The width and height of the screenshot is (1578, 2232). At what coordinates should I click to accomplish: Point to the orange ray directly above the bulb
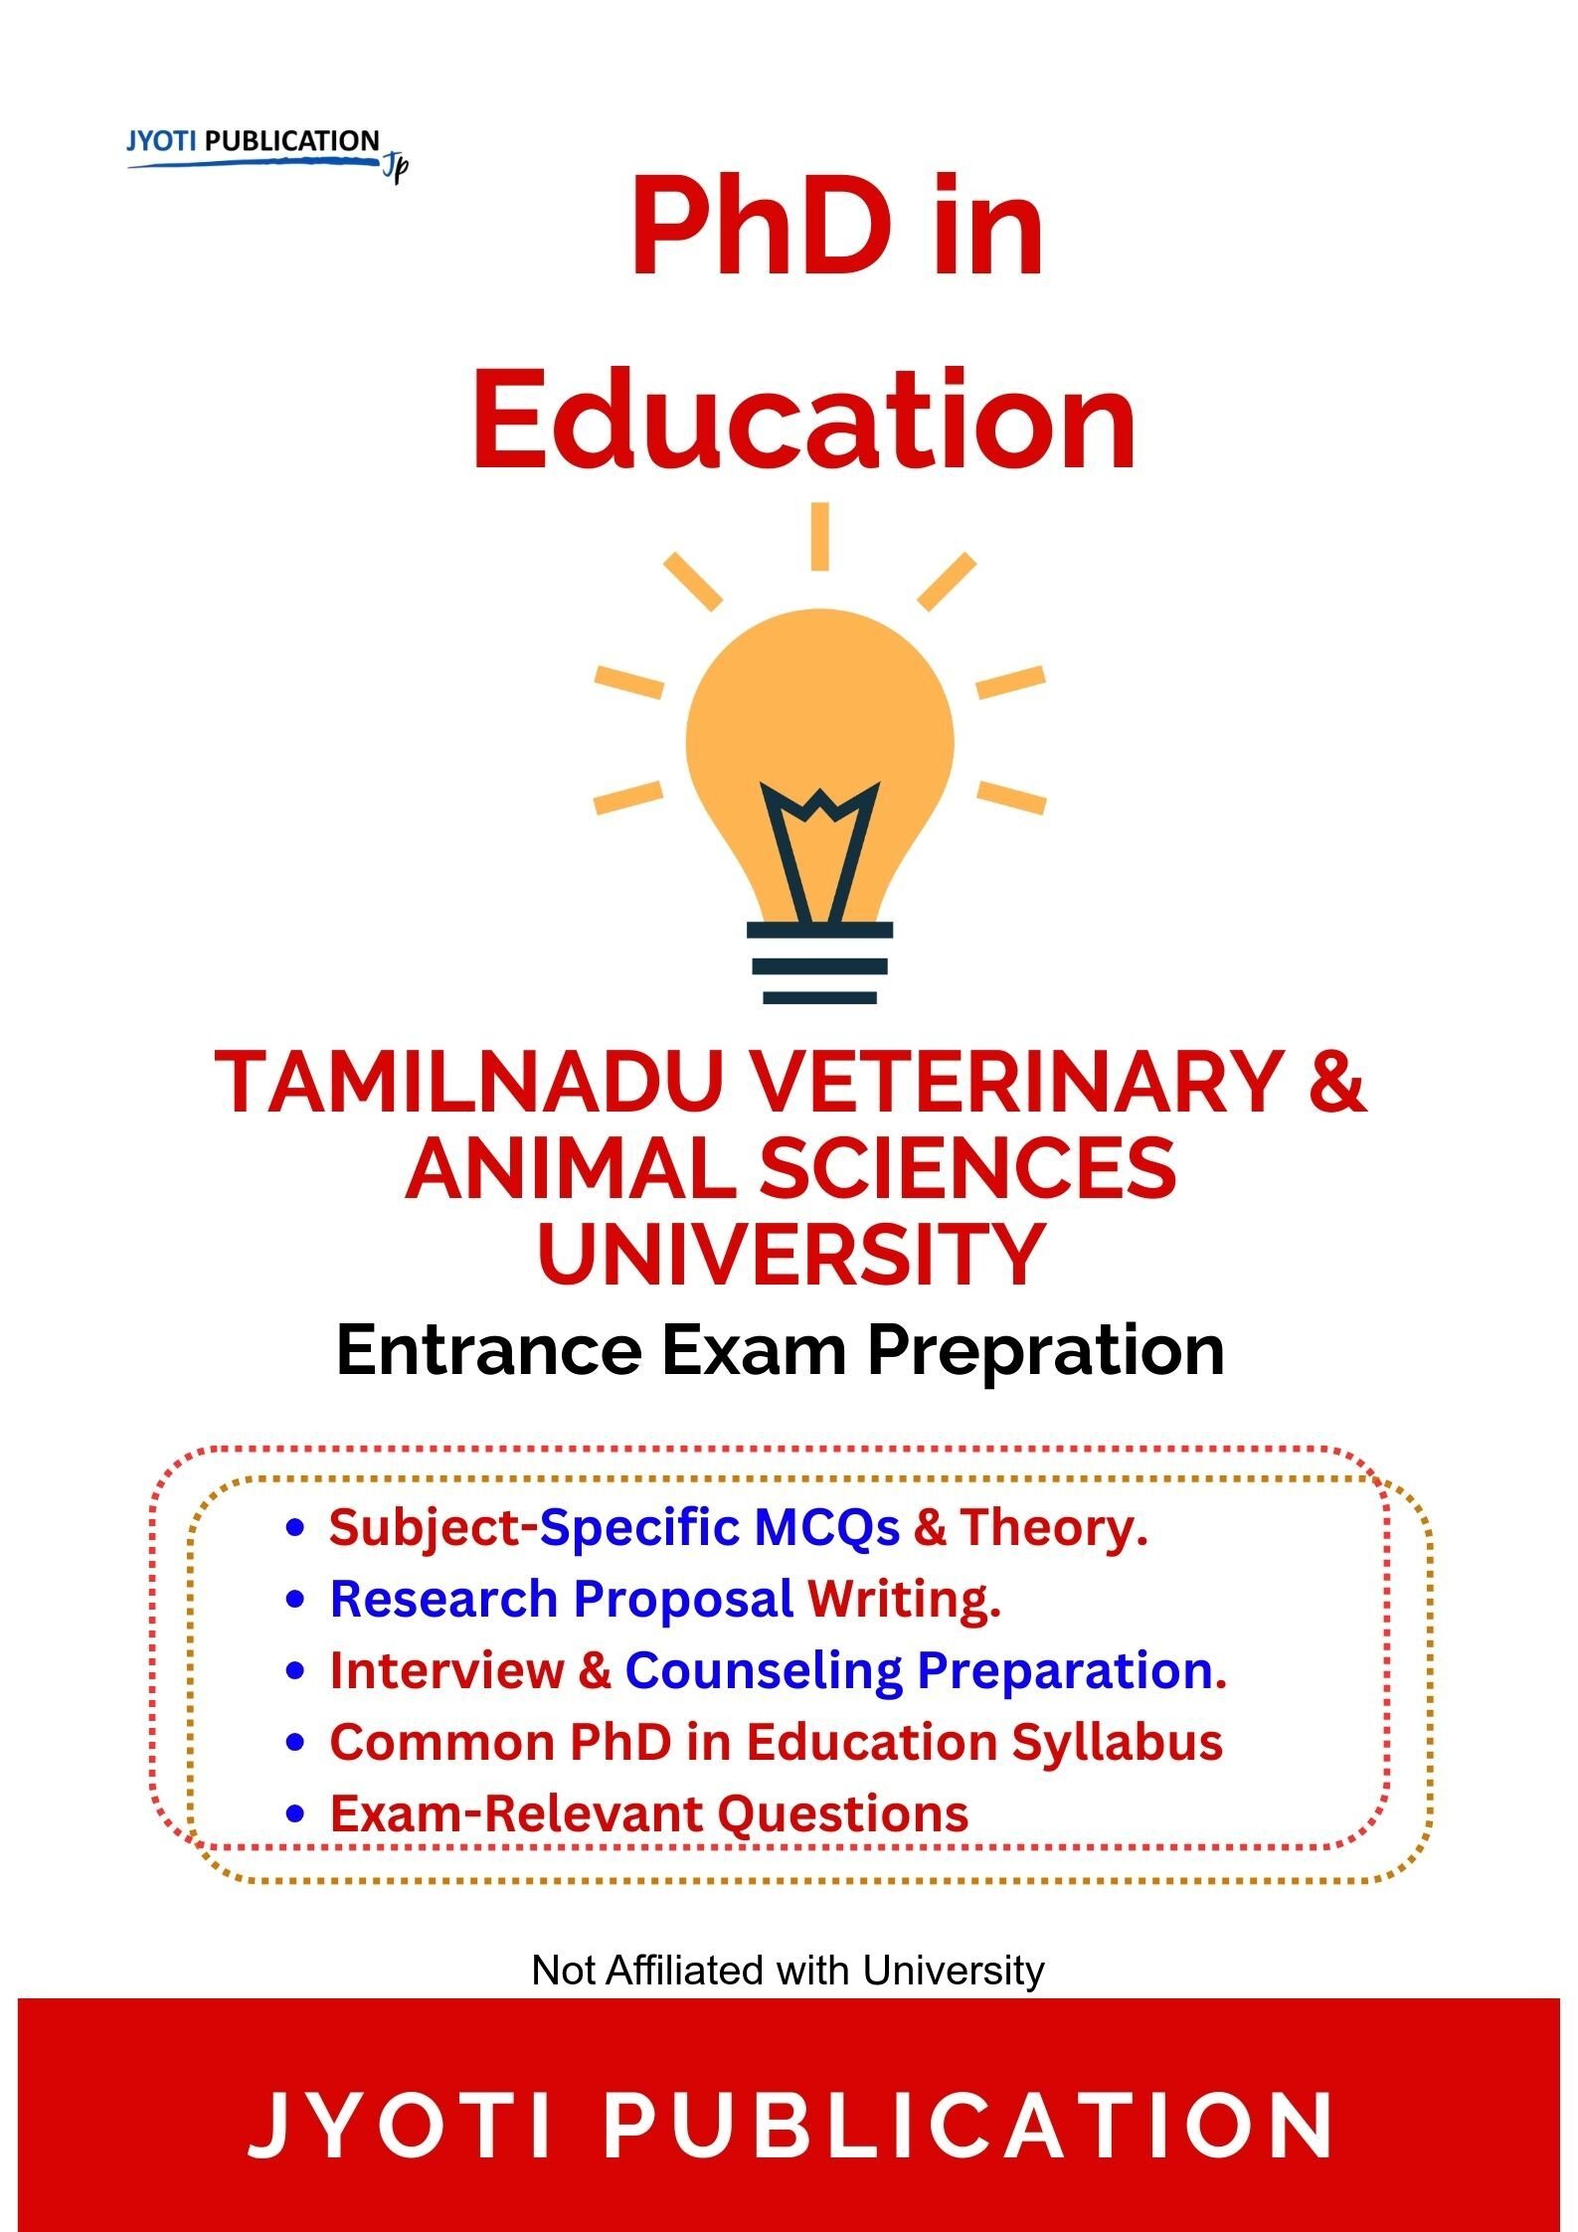point(819,537)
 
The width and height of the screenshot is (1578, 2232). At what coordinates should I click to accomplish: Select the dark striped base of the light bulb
point(819,963)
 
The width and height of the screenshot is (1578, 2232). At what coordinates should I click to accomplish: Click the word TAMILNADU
point(466,1083)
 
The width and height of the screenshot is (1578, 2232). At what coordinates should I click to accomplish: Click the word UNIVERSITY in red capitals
point(790,1255)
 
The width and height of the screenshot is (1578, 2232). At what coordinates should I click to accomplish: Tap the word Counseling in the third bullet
point(763,1671)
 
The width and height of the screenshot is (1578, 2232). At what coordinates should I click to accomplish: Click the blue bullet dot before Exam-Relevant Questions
point(293,1814)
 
